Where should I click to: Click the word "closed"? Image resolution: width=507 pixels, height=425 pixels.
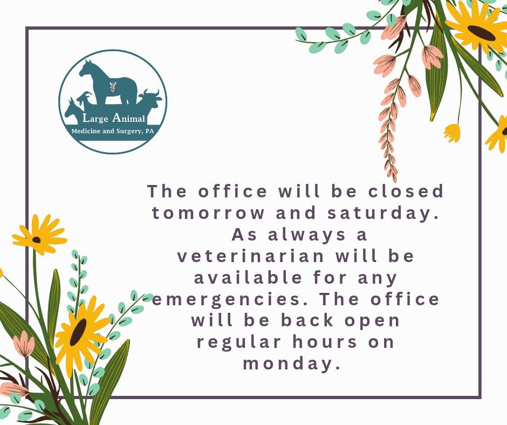(x=406, y=191)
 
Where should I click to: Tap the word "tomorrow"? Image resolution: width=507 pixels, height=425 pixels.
(x=208, y=213)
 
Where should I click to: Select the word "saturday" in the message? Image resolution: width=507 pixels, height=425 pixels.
(x=383, y=214)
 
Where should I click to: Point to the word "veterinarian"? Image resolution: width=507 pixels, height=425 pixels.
(x=251, y=256)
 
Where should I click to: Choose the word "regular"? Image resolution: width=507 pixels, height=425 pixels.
(x=239, y=342)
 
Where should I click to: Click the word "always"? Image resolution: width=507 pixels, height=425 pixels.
(x=307, y=235)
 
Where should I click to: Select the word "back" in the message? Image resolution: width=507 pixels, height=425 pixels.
(x=307, y=320)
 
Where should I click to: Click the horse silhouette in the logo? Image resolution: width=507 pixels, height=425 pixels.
(x=108, y=83)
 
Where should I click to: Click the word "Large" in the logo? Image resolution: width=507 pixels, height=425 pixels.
(x=95, y=118)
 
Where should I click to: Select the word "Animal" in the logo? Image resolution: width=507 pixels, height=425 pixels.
(x=128, y=118)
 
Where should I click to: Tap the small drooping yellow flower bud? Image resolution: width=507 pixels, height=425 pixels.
(x=452, y=133)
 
